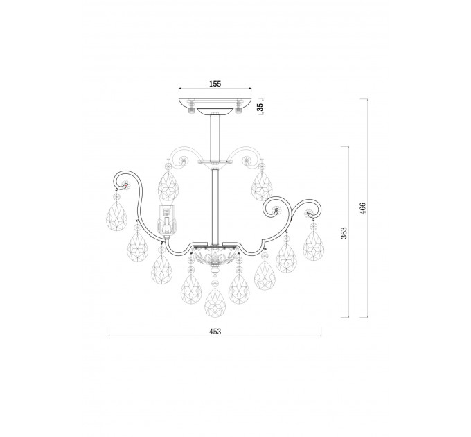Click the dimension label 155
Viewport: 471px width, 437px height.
tap(215, 84)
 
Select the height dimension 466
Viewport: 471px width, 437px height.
tap(363, 208)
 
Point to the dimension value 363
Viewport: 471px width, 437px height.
tap(344, 232)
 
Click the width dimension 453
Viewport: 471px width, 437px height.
tap(215, 332)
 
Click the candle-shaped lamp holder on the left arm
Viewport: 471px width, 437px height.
tap(166, 220)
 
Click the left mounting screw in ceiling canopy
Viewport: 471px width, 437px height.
tap(191, 106)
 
